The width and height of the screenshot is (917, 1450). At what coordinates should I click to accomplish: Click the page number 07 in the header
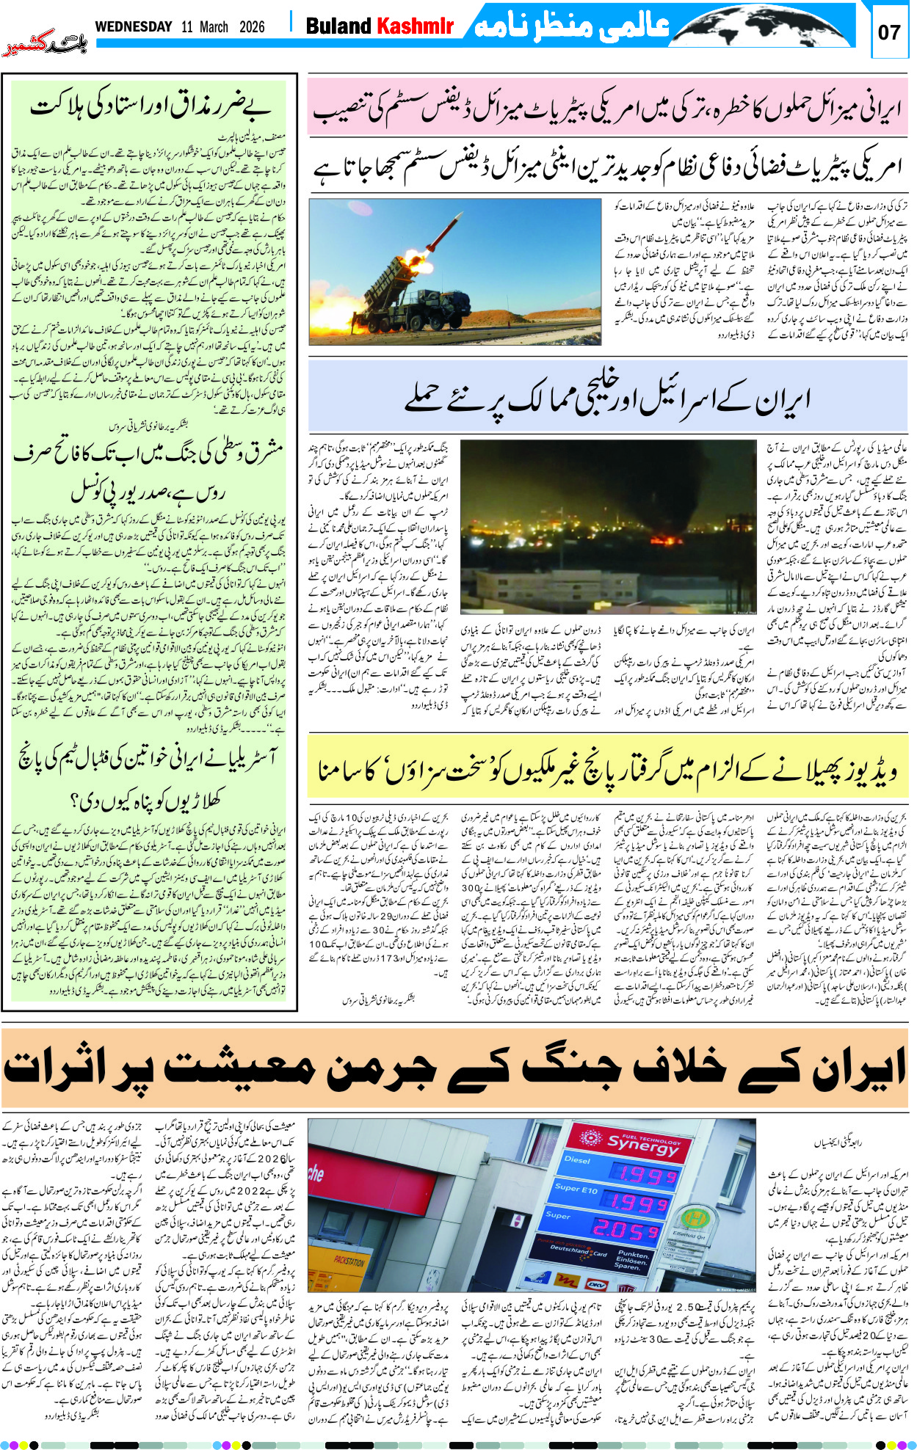tap(889, 33)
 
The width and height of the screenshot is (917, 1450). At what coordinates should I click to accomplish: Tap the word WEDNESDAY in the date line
tap(134, 27)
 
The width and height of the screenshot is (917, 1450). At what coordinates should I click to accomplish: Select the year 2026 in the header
tap(252, 27)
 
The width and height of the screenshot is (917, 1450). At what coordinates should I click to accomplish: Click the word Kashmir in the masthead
tap(416, 27)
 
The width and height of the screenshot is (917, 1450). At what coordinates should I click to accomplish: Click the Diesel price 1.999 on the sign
tap(644, 1176)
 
